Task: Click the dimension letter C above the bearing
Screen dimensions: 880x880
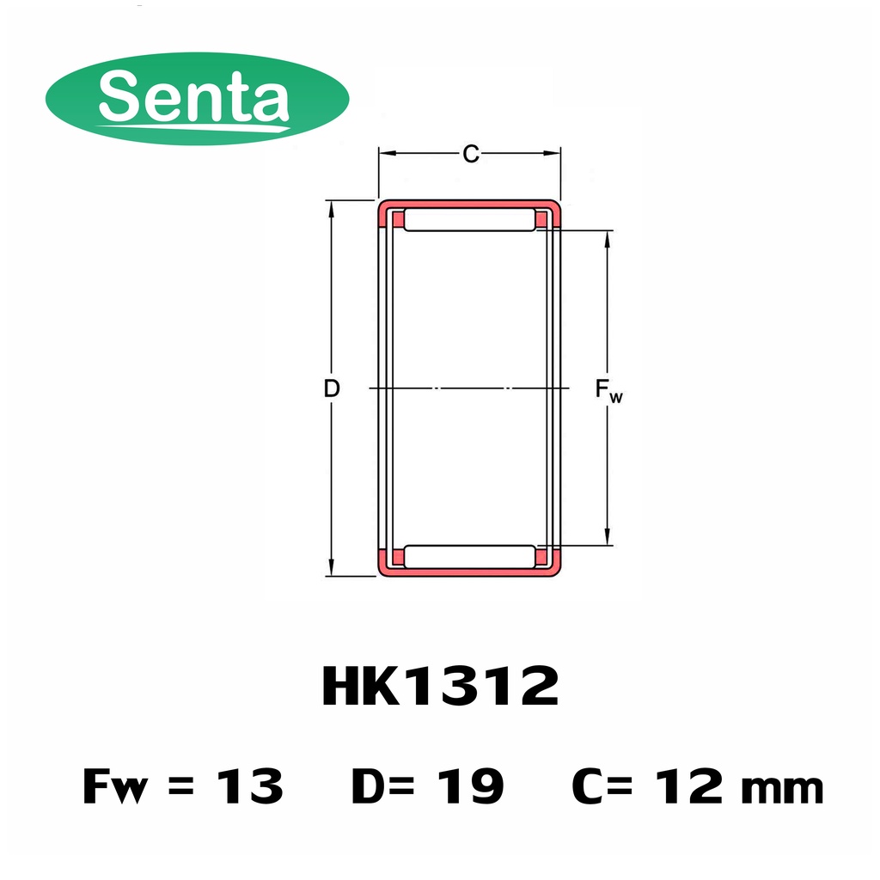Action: pyautogui.click(x=471, y=153)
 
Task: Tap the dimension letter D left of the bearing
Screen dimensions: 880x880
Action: pyautogui.click(x=332, y=388)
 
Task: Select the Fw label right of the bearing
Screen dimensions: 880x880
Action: pyautogui.click(x=609, y=390)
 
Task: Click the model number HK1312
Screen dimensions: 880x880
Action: pyautogui.click(x=440, y=686)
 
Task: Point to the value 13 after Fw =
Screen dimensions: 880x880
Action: pyautogui.click(x=250, y=786)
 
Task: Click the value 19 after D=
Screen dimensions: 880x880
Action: pyautogui.click(x=470, y=786)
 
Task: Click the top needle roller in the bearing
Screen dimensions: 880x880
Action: pyautogui.click(x=470, y=219)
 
